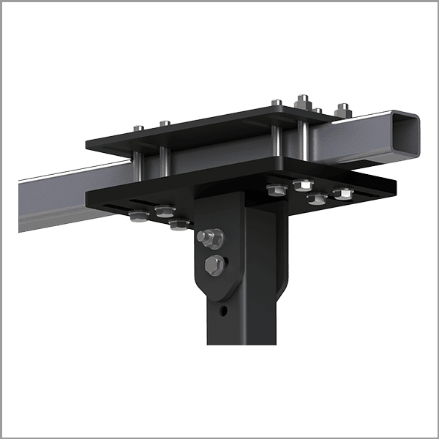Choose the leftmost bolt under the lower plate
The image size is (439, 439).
(137, 215)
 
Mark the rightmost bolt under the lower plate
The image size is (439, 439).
(342, 194)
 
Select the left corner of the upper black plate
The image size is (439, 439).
(86, 143)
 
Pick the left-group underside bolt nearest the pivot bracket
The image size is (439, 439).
(178, 225)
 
